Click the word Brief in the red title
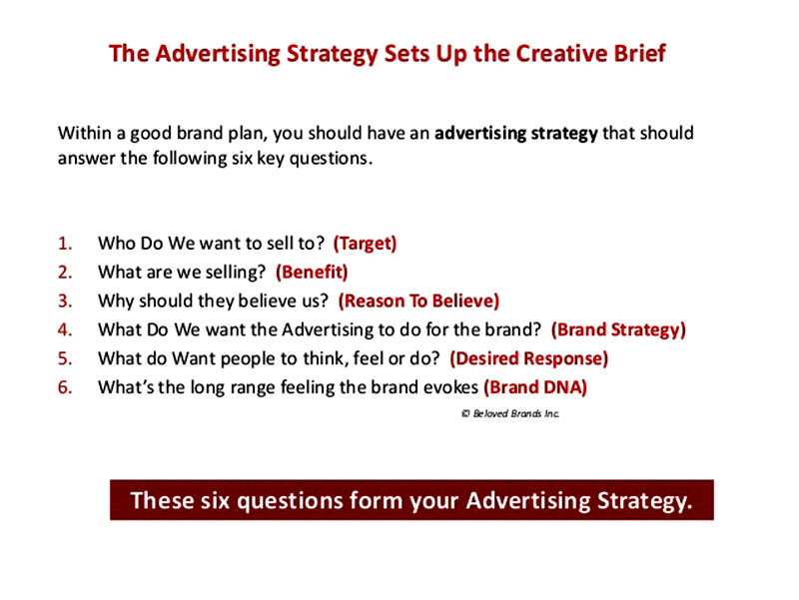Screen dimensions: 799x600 640,54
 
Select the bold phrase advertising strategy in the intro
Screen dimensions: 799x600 516,134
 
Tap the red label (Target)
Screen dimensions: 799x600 365,244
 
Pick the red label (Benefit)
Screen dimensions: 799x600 312,272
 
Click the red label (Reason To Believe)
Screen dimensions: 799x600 418,301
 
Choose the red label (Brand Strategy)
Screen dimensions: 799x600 618,330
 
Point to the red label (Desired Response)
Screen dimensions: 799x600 529,358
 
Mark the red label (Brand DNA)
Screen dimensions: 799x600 535,387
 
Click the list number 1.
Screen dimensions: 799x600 65,244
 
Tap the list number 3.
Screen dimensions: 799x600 65,301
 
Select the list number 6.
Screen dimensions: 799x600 65,387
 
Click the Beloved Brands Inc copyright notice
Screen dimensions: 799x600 510,413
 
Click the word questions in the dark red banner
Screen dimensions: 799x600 290,501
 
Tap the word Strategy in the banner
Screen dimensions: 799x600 644,501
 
